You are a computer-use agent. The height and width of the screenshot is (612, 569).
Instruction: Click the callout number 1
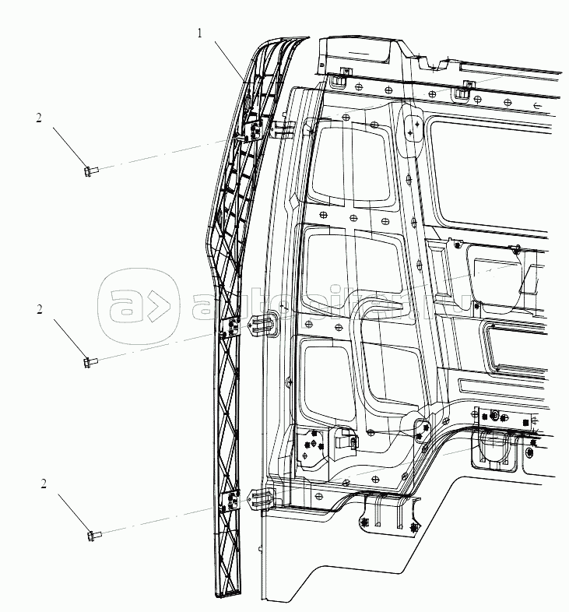(x=199, y=33)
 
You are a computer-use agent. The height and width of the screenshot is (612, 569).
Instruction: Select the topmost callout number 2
(x=39, y=118)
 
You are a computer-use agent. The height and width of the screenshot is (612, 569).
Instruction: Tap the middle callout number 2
(x=39, y=309)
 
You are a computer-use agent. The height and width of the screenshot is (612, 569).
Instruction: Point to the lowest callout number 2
(x=44, y=484)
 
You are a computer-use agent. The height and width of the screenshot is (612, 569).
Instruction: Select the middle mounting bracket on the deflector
(x=230, y=328)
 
